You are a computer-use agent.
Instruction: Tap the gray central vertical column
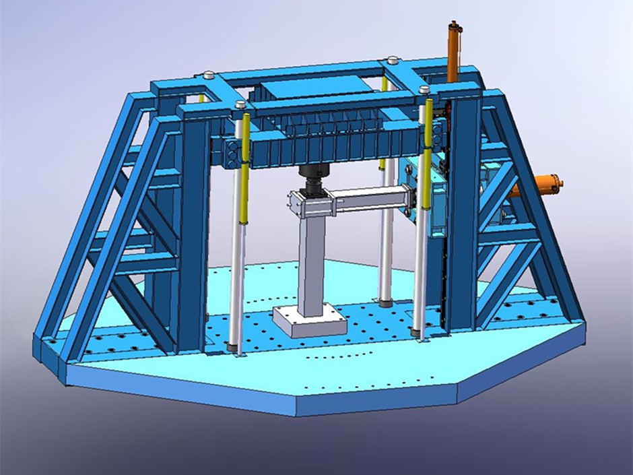click(313, 263)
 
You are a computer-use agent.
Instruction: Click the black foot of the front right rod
click(420, 334)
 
